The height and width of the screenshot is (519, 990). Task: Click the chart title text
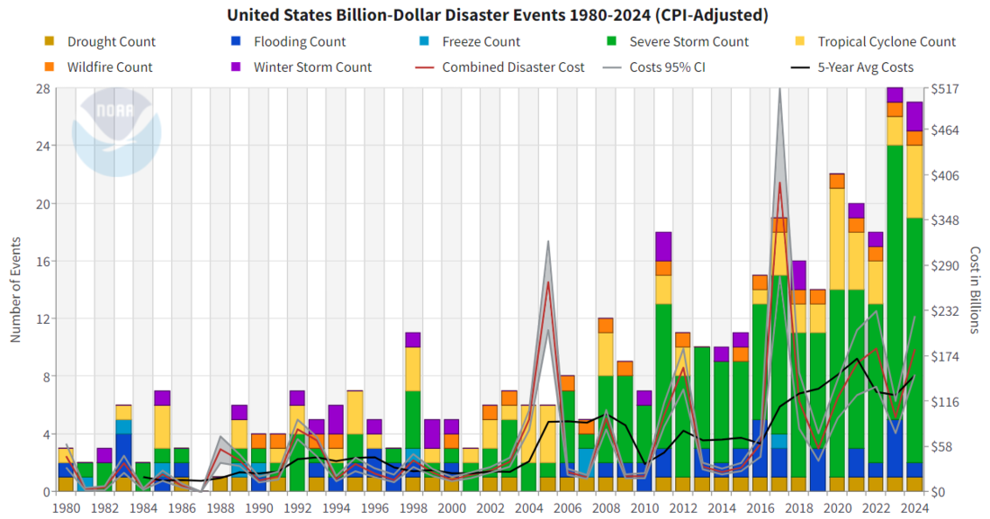tap(498, 14)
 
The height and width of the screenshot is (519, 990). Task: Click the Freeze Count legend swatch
tap(424, 41)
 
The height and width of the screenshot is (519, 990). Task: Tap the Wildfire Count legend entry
tap(100, 67)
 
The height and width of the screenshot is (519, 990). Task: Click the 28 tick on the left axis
tap(43, 88)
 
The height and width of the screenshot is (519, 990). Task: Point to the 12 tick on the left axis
tap(43, 318)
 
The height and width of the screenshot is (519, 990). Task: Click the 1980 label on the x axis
tap(66, 507)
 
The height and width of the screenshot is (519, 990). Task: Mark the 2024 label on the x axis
tap(913, 507)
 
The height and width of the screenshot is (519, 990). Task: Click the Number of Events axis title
tap(15, 290)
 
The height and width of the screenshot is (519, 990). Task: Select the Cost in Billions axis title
tap(975, 290)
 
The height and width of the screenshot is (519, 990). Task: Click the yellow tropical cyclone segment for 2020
tap(836, 238)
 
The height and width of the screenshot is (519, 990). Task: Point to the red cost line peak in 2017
tap(779, 183)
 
